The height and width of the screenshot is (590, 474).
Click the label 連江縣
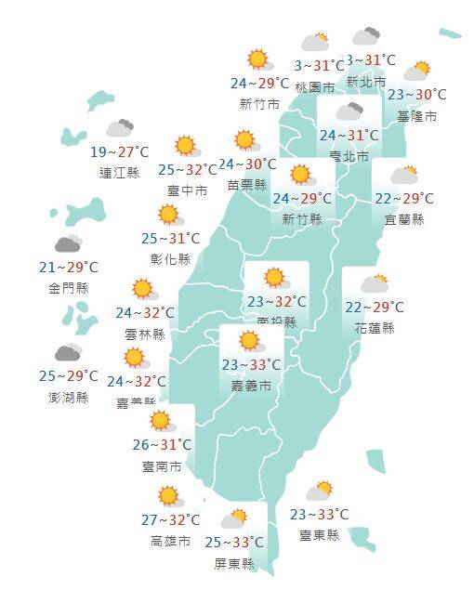pyautogui.click(x=118, y=172)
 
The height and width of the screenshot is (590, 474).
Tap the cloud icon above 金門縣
pyautogui.click(x=68, y=244)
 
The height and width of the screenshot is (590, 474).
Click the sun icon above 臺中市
pyautogui.click(x=186, y=146)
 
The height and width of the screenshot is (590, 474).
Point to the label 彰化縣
pyautogui.click(x=171, y=258)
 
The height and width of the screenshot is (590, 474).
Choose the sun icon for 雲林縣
pyautogui.click(x=142, y=289)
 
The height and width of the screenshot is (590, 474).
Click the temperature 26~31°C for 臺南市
pyautogui.click(x=163, y=444)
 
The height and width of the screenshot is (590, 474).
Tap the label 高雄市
pyautogui.click(x=170, y=541)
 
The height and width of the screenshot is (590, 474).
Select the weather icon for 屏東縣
pyautogui.click(x=234, y=518)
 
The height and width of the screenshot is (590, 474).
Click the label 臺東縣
pyautogui.click(x=319, y=534)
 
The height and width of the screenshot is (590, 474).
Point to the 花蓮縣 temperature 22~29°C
pyautogui.click(x=375, y=308)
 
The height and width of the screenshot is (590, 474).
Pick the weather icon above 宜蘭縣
pyautogui.click(x=404, y=175)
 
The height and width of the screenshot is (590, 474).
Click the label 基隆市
pyautogui.click(x=416, y=116)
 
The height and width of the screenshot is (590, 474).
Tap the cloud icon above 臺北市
pyautogui.click(x=349, y=112)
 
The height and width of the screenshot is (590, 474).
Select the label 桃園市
pyautogui.click(x=314, y=87)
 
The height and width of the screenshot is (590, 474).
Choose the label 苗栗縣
pyautogui.click(x=246, y=185)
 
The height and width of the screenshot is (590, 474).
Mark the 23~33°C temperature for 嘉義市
pyautogui.click(x=252, y=365)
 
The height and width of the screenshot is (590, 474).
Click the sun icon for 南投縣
pyautogui.click(x=274, y=278)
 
